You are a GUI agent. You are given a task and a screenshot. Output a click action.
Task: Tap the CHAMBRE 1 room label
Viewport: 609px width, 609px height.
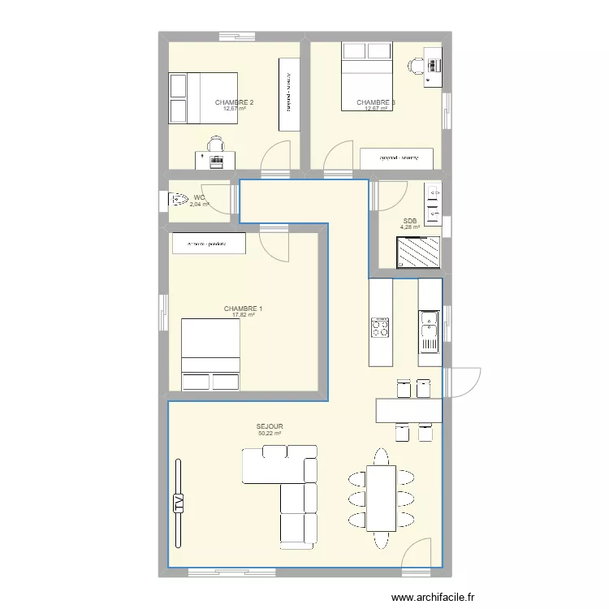click(x=243, y=309)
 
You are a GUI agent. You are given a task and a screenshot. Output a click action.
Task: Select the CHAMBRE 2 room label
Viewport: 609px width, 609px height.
click(x=234, y=102)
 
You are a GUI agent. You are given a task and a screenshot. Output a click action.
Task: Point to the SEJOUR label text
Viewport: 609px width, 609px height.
click(x=270, y=425)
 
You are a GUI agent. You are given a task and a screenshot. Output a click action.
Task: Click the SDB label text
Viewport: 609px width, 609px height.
click(x=410, y=221)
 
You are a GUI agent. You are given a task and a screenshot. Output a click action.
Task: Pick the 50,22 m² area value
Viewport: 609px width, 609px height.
click(x=270, y=434)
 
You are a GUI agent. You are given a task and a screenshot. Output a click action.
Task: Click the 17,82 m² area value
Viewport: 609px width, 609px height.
click(x=243, y=316)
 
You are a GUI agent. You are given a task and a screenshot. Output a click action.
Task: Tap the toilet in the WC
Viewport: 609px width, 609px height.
click(x=177, y=199)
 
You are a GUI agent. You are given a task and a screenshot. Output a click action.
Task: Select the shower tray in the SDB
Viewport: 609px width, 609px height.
click(x=418, y=253)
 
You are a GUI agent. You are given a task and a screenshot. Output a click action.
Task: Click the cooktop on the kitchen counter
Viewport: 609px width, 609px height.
click(x=380, y=328)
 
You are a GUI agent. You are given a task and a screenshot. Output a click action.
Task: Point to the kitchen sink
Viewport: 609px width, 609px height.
click(x=429, y=329)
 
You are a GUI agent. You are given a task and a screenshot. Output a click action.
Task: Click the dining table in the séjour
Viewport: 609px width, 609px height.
click(x=381, y=498)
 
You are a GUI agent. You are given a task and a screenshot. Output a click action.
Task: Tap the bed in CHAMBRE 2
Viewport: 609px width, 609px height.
click(x=203, y=98)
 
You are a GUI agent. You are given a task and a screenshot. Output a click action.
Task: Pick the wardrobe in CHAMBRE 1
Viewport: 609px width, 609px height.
click(x=206, y=244)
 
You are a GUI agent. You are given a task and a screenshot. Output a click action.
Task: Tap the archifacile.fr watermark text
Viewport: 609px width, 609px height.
click(x=435, y=598)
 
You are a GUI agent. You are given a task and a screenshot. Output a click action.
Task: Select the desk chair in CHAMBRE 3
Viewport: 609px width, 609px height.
click(x=415, y=67)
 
